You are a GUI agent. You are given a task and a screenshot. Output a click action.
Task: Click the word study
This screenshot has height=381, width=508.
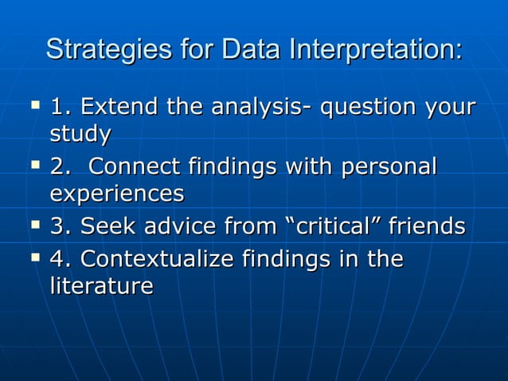pyautogui.click(x=80, y=134)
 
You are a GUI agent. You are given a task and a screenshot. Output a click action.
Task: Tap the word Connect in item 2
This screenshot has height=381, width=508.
pyautogui.click(x=135, y=167)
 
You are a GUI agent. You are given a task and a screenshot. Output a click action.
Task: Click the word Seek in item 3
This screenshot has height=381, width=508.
pyautogui.click(x=104, y=227)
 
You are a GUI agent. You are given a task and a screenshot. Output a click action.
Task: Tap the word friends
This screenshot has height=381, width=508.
pyautogui.click(x=427, y=227)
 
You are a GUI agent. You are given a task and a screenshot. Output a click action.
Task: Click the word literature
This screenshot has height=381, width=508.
pyautogui.click(x=101, y=286)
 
